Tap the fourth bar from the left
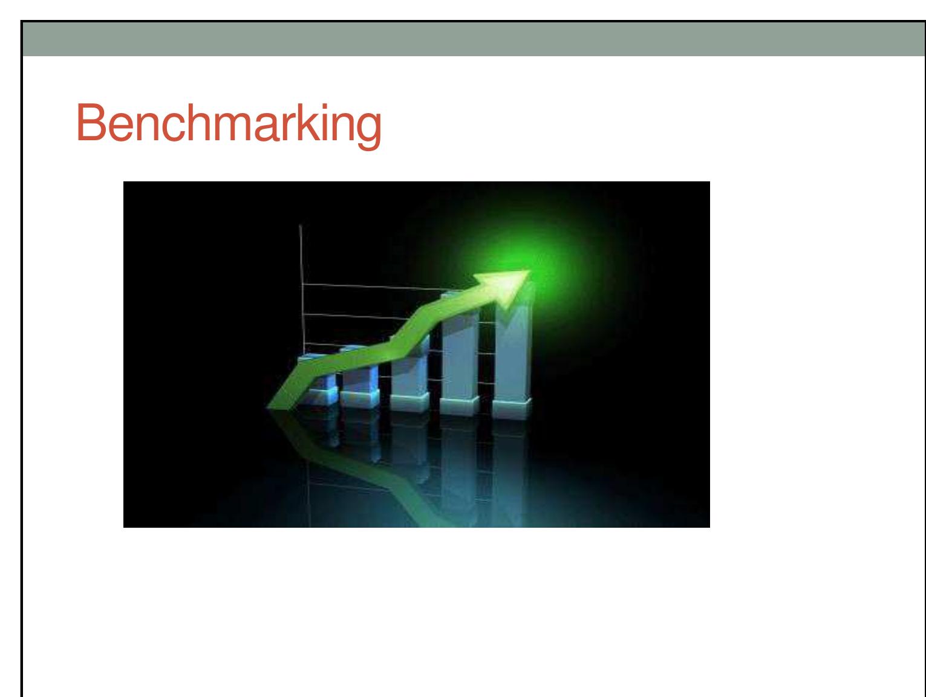tap(458, 351)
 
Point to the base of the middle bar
tap(409, 403)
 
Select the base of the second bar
tap(360, 398)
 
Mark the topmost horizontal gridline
tap(375, 286)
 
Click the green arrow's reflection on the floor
tap(387, 478)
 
